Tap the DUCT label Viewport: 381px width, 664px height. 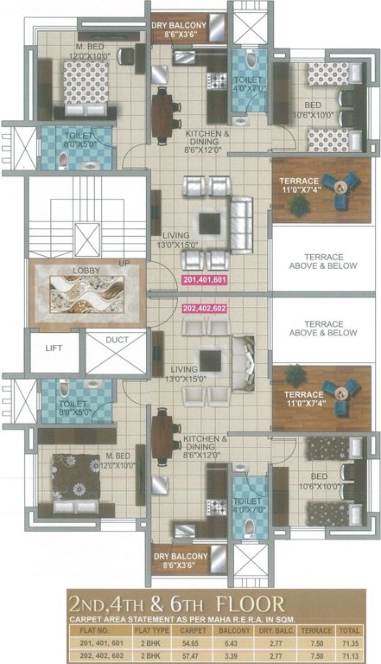(x=117, y=341)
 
